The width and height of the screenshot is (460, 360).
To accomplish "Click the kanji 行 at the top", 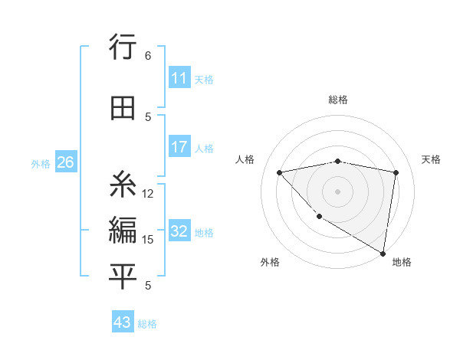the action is (123, 48).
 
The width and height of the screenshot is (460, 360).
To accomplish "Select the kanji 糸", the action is (123, 186).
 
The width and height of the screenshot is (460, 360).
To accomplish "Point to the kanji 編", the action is (123, 231).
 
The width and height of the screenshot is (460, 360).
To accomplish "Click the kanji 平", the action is (123, 277).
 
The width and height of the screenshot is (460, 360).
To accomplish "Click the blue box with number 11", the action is (179, 78).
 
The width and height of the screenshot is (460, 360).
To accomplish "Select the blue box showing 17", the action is (179, 147).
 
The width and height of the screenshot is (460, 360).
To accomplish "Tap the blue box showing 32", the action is (179, 231).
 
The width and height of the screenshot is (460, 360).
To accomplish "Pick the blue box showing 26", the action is (65, 162).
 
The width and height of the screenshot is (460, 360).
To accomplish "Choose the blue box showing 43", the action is (123, 322).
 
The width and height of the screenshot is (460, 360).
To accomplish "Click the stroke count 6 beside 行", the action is (148, 56).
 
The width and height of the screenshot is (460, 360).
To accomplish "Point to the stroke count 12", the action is (148, 194).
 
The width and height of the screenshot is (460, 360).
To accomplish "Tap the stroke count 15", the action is (148, 240).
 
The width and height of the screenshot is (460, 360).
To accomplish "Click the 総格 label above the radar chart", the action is (338, 100).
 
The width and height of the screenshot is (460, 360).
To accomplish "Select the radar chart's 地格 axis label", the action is (402, 262).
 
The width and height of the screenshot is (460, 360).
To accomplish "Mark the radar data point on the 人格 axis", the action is (280, 172).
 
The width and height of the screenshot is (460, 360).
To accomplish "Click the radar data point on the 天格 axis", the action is (396, 172).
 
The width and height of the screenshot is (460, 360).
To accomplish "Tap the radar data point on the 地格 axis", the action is (382, 252).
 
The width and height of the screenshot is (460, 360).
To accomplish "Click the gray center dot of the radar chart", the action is (338, 191).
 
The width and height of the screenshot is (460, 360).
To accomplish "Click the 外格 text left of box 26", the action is (41, 163).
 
